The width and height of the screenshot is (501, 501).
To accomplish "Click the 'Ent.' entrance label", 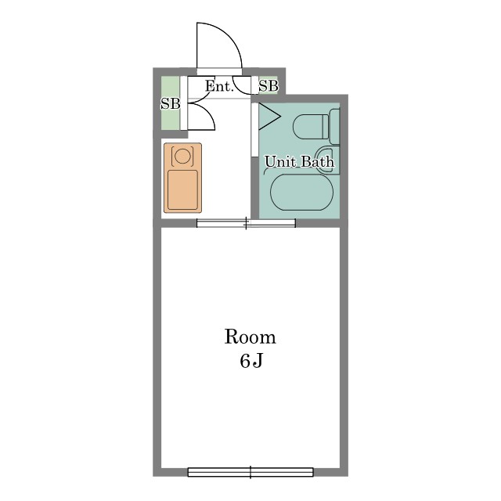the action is [219, 86].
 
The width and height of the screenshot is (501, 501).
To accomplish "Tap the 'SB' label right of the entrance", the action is [269, 86].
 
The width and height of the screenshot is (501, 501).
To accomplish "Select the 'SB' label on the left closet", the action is [171, 104].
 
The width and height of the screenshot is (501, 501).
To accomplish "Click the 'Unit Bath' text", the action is [299, 162].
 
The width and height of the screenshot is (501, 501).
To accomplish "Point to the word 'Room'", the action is [250, 337].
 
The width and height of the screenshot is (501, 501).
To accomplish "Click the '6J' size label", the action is [251, 361].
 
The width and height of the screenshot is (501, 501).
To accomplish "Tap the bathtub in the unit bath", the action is [301, 192].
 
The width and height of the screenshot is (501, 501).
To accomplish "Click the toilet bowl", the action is [311, 127].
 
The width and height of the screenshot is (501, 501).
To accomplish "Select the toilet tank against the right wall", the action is [334, 127].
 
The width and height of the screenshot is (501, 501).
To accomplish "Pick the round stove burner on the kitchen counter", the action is [182, 156].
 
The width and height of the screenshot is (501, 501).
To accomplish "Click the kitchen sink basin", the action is [182, 189].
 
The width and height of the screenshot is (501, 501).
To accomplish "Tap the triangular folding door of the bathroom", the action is [269, 117].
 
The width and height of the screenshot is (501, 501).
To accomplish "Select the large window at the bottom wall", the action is [250, 472].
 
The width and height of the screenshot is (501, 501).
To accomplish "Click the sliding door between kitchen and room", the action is [246, 223].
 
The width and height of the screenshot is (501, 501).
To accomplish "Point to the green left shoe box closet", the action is [170, 103].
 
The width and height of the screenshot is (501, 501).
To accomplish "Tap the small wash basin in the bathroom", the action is [326, 159].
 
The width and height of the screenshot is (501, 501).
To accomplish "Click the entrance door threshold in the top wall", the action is [219, 71].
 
